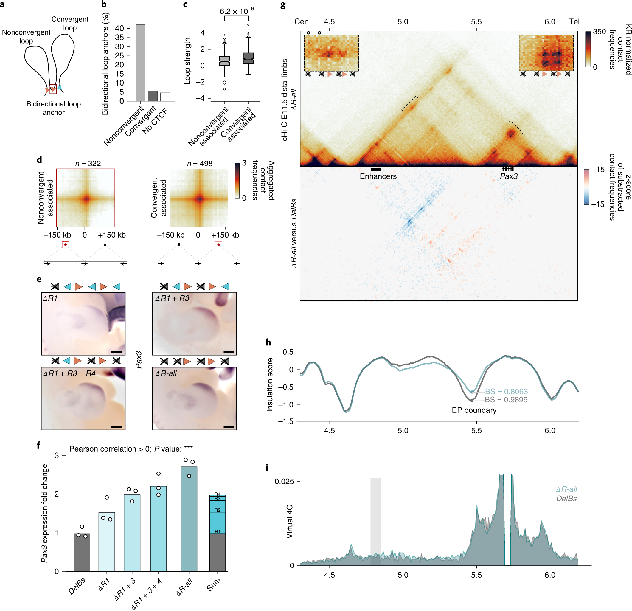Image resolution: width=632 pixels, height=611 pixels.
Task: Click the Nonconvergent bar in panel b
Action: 140,63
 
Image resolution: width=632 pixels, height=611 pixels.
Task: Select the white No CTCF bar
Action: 165,97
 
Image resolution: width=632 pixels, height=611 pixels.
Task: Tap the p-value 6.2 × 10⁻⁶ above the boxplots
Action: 236,11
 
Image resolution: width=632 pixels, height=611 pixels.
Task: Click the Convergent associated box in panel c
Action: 248,58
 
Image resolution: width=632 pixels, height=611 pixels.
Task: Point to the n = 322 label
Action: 88,164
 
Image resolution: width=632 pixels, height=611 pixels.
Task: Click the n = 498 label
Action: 200,164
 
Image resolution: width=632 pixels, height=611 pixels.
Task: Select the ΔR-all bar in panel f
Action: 189,519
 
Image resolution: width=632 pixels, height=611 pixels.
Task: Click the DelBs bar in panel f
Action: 82,553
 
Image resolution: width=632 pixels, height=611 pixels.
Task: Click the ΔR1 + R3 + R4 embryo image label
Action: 69,373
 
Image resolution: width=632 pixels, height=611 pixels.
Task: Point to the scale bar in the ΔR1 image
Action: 117,352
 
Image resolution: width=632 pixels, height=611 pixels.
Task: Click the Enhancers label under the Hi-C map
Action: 378,176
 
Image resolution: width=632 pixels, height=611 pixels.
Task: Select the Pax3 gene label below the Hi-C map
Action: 509,176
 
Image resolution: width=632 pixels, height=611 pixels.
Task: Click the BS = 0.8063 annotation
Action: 506,391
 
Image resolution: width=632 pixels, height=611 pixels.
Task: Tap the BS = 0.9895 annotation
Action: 506,400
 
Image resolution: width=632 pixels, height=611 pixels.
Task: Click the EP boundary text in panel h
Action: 474,410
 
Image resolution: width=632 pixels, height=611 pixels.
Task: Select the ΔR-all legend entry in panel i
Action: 566,489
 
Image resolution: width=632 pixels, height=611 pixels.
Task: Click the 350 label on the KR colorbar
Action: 599,32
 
